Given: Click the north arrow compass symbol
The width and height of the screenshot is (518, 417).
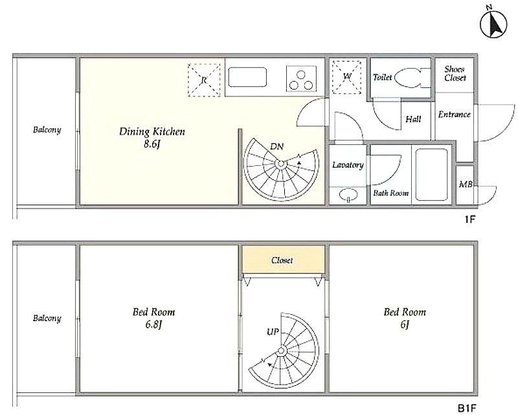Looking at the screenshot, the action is [x=493, y=24].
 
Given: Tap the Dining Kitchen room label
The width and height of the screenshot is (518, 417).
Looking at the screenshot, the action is [x=152, y=137].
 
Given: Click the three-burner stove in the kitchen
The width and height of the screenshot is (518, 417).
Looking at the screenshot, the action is [x=301, y=78].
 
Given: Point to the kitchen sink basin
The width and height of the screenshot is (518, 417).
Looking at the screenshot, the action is [x=247, y=77].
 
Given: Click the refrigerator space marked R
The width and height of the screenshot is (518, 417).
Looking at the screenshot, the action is [x=204, y=80].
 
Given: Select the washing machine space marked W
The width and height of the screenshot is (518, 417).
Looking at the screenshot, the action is [x=346, y=77].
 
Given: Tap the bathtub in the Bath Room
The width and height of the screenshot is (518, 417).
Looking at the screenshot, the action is [x=431, y=174].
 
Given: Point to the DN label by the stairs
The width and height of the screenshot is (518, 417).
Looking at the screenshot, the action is [x=276, y=146].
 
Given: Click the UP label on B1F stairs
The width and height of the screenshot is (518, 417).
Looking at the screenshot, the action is [x=273, y=332].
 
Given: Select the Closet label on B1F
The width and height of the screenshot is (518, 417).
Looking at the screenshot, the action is [x=282, y=260].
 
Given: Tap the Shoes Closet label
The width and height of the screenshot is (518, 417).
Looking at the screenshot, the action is [x=455, y=73].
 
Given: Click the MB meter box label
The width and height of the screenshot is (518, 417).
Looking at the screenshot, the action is [x=466, y=185].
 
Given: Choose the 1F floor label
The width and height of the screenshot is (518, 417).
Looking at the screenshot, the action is [x=469, y=219].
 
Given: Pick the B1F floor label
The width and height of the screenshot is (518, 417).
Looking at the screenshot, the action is [x=467, y=409].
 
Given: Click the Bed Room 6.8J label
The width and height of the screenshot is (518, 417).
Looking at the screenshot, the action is [x=153, y=318].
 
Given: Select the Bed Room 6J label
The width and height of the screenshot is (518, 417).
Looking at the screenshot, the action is [x=405, y=318].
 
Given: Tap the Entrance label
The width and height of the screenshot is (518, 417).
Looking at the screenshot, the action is [x=455, y=115].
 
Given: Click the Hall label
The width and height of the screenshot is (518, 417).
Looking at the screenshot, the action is [x=413, y=119].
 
